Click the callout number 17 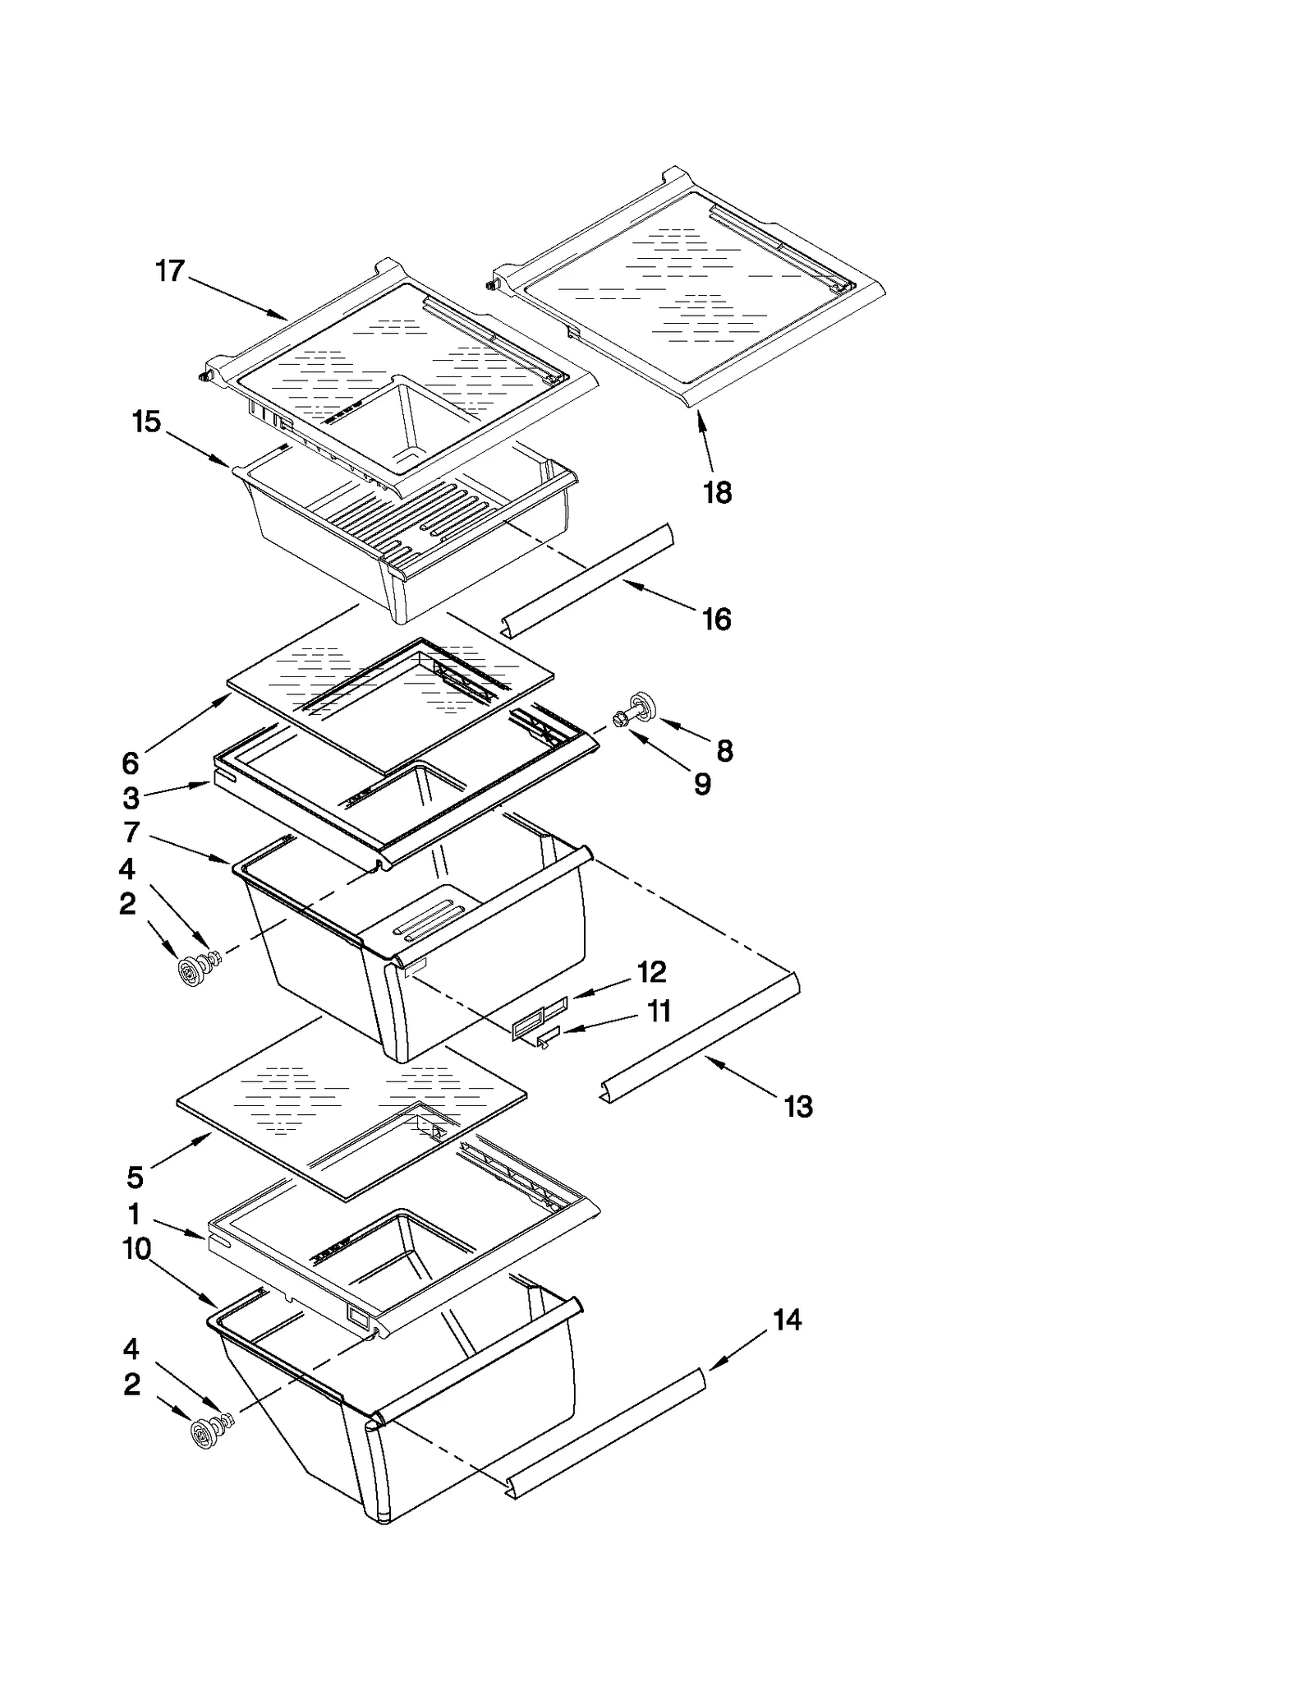(170, 270)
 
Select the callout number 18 (717, 493)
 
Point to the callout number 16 (717, 620)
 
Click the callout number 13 (798, 1106)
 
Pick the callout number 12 (651, 972)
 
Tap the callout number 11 (659, 1011)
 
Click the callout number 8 (724, 750)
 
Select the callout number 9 (702, 784)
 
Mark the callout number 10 (136, 1249)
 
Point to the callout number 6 (130, 763)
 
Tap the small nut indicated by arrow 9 (621, 720)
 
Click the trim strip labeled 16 (587, 582)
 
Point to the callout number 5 (135, 1178)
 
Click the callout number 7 (131, 832)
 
